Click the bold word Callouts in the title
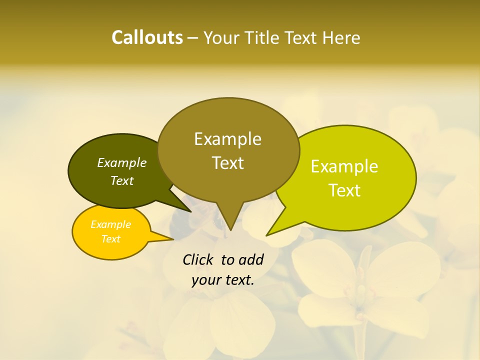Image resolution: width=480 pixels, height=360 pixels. [x=147, y=37]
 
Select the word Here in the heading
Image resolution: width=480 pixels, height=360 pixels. [x=341, y=38]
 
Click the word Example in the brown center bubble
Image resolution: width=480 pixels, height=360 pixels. [x=227, y=139]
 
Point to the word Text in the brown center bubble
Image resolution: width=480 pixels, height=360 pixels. [x=227, y=162]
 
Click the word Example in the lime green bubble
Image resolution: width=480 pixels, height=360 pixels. [x=344, y=166]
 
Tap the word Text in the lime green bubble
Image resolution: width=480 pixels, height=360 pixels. [x=344, y=190]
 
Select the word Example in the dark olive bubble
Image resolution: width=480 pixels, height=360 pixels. [x=122, y=162]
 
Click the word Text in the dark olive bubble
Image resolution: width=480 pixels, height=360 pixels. [x=122, y=180]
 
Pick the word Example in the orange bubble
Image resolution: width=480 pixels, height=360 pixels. [x=110, y=224]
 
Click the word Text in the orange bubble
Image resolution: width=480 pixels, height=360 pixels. [x=110, y=239]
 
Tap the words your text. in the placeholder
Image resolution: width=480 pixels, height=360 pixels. [x=222, y=280]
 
